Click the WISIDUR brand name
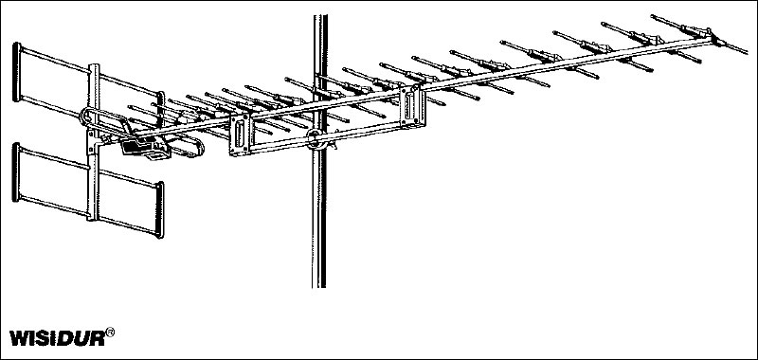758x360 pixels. (x=57, y=338)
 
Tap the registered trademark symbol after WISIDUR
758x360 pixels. (x=110, y=332)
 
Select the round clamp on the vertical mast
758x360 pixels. (x=316, y=138)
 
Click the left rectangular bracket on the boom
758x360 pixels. (x=241, y=135)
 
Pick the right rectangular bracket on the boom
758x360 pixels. (x=412, y=107)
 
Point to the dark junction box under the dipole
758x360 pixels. (x=144, y=147)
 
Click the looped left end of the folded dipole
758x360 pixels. (x=83, y=117)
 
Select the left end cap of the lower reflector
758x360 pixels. (x=16, y=172)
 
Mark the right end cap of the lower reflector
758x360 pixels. (x=159, y=209)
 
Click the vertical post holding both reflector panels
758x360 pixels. (x=93, y=142)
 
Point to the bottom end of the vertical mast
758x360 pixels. (x=319, y=287)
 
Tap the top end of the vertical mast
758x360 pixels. (x=320, y=15)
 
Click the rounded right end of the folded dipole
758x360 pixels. (x=199, y=145)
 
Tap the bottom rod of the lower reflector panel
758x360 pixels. (x=88, y=216)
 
